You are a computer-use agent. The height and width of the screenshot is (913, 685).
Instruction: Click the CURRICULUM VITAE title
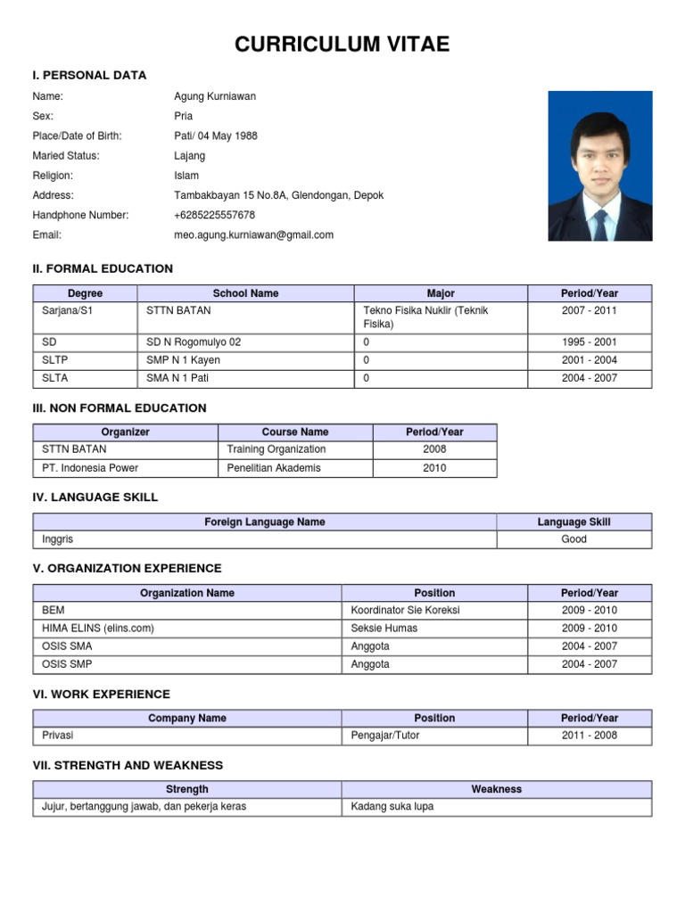(342, 45)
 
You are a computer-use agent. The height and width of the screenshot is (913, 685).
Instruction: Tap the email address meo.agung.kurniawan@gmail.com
(253, 235)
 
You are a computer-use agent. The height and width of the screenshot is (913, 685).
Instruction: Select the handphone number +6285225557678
(214, 215)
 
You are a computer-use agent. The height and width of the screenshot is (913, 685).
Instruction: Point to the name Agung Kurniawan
(215, 96)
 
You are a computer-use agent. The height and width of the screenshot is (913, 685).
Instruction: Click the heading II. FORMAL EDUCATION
(103, 268)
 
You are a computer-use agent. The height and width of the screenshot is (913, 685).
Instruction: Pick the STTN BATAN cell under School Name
(178, 311)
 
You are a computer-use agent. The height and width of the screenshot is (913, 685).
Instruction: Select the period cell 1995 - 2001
(589, 342)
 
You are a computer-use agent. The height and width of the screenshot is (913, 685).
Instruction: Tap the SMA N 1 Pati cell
(183, 378)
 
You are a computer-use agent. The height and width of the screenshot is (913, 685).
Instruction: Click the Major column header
(441, 293)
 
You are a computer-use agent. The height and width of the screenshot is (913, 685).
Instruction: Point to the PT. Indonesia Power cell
(90, 468)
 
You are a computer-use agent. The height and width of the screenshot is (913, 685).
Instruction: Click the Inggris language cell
(59, 539)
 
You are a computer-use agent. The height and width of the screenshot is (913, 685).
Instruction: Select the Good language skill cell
(574, 539)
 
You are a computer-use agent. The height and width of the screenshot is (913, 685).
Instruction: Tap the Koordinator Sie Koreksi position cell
(406, 611)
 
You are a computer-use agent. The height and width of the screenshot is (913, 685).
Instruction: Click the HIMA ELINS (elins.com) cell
(98, 629)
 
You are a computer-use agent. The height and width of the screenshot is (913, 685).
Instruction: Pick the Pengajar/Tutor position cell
(385, 736)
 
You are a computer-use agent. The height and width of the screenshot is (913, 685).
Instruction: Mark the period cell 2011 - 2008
(589, 736)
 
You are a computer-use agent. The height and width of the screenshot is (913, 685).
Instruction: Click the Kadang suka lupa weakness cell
(392, 807)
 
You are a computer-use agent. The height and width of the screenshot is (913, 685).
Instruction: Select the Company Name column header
(187, 718)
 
